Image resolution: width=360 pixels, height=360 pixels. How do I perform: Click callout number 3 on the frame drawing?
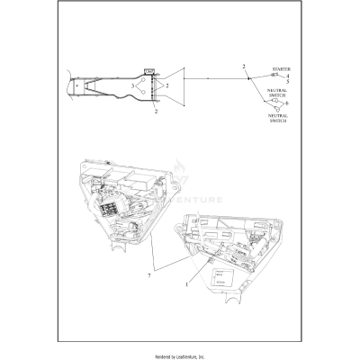coord(133,86)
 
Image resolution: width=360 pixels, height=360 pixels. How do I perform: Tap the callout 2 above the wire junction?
coord(243,67)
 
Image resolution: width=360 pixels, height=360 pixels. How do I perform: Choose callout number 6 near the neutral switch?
coord(287,104)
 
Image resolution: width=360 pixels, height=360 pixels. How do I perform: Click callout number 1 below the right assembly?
coord(186,285)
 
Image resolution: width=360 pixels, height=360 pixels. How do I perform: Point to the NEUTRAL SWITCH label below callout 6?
coord(277,119)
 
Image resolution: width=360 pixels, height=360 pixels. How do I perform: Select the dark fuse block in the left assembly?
coord(114,217)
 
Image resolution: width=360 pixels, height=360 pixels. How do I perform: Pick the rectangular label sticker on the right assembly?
coord(221,279)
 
